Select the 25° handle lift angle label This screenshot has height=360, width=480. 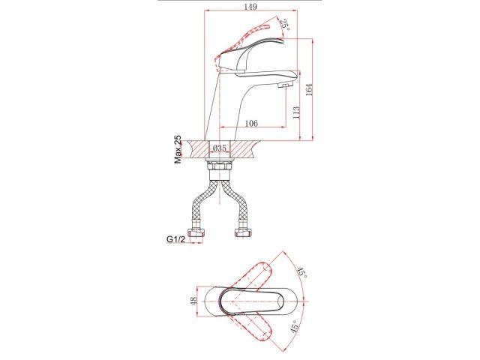click(284, 25)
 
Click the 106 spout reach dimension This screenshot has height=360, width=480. click(251, 124)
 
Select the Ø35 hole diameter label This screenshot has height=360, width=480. click(220, 148)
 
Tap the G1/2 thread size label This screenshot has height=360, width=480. click(176, 239)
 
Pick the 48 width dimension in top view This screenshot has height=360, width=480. click(193, 301)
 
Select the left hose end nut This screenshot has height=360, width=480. click(198, 237)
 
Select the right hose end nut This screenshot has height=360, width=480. click(243, 237)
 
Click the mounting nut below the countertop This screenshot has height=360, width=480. click(220, 169)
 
